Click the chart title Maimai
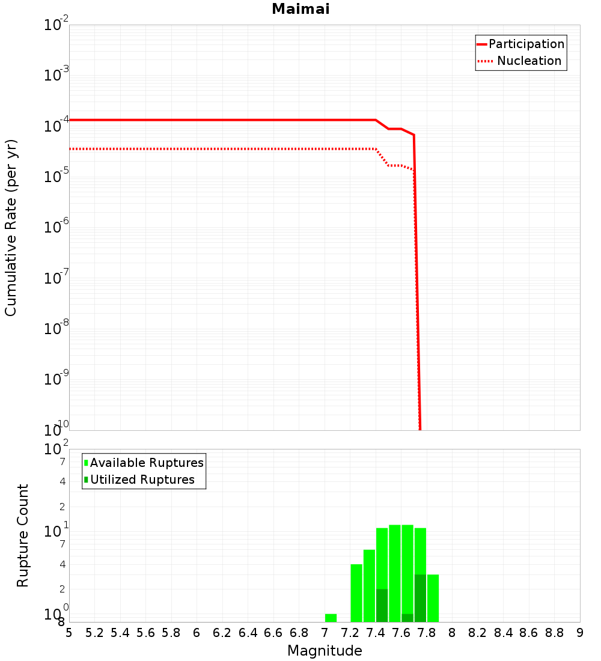point(300,10)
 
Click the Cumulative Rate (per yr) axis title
point(11,227)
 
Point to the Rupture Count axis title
point(23,535)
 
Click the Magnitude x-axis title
point(325,651)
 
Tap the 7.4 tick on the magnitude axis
point(376,633)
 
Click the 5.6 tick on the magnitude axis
point(145,633)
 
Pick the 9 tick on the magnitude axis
point(580,633)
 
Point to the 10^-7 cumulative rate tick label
point(56,278)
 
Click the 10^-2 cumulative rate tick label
point(56,25)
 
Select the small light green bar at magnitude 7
point(331,618)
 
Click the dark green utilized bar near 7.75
point(420,598)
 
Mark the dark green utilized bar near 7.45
point(382,605)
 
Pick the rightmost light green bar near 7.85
point(433,598)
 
